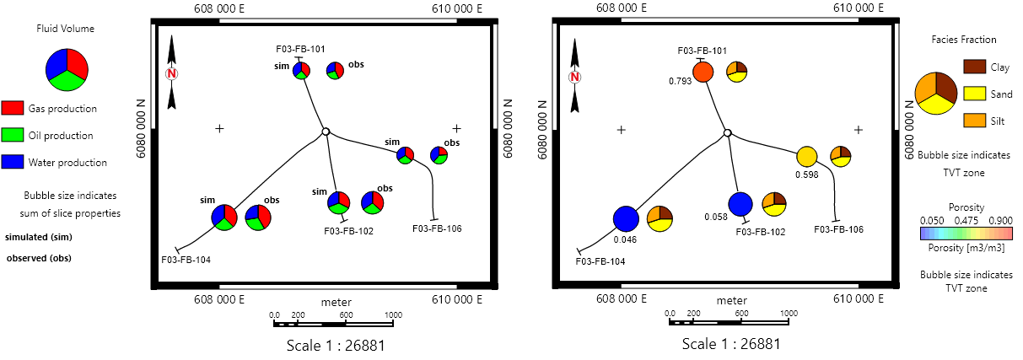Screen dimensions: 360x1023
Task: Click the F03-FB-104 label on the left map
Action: (x=186, y=260)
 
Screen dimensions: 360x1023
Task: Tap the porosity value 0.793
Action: (x=681, y=82)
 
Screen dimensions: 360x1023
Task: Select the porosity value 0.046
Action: (x=625, y=239)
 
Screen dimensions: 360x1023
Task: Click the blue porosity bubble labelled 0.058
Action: (x=740, y=204)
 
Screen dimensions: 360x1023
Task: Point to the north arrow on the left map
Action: (x=172, y=73)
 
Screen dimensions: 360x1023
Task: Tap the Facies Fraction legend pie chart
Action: (x=935, y=93)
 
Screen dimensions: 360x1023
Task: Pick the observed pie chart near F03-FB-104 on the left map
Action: (x=258, y=218)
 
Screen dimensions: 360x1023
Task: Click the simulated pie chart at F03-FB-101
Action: (x=302, y=70)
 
